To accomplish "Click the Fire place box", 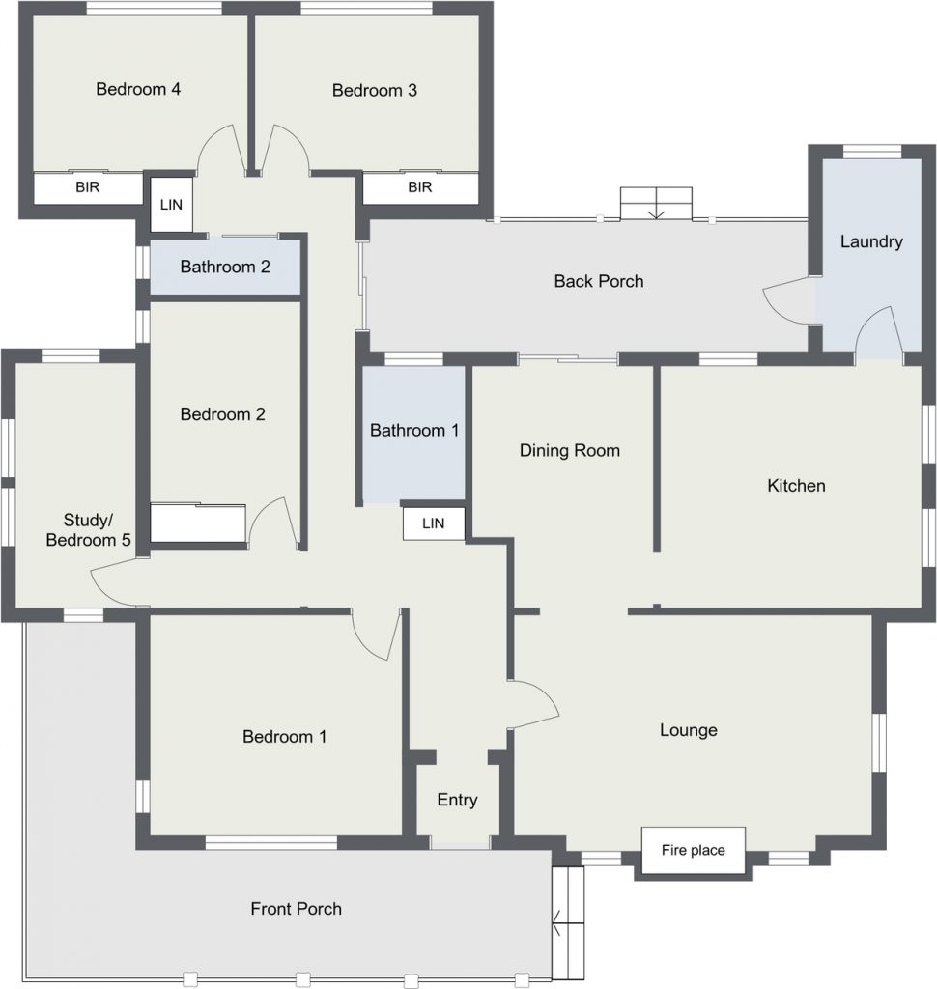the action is coord(694,850).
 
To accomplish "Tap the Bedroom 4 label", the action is coord(138,89).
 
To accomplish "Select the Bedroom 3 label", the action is coord(375,90).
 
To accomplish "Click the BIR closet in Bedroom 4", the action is coord(88,187).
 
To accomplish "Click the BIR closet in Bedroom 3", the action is coord(420,187).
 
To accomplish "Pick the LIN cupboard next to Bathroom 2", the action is coord(171,205).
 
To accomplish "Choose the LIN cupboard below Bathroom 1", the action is coord(434,523).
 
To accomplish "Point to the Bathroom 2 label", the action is coord(225,267).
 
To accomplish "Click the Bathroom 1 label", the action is coord(413,430).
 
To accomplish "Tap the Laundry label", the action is coord(871,241).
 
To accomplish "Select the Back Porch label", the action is coord(599,281).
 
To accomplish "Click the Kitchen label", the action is coord(796,486).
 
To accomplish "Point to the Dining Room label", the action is coord(570,450).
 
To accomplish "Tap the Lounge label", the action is coord(689,730).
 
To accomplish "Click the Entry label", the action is coord(458,800).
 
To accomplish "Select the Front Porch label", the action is coord(296,909).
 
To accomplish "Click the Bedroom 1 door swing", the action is coord(379,638).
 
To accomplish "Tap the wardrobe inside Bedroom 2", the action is coord(197,523).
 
